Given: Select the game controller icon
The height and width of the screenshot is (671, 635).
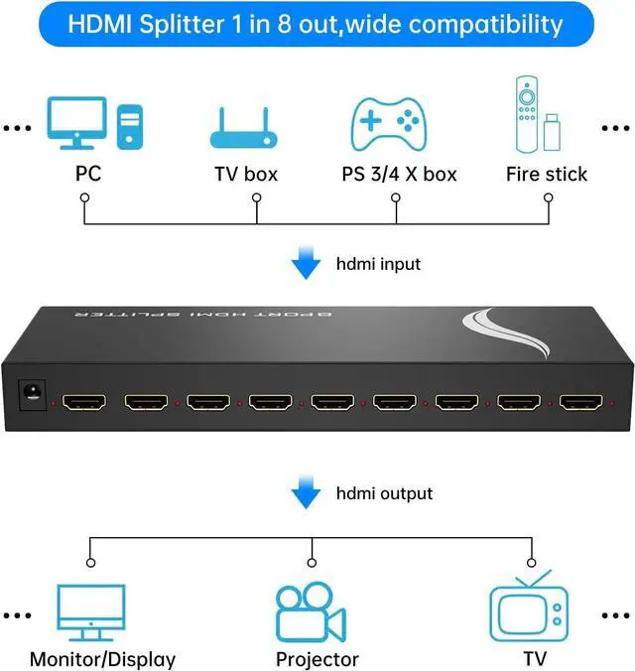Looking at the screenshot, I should click(390, 123).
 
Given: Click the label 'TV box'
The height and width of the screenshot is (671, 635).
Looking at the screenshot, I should click(246, 174).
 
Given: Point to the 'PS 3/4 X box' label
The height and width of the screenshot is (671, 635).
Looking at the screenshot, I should click(399, 174).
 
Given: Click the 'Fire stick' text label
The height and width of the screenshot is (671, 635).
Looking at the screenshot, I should click(546, 174).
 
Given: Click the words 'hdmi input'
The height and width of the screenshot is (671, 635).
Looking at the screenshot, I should click(378, 264).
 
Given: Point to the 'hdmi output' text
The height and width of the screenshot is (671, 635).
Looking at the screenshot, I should click(384, 492).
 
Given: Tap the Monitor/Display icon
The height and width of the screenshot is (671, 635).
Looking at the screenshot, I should click(91, 611).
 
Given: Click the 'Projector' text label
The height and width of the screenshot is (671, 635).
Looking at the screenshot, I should click(317, 658).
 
